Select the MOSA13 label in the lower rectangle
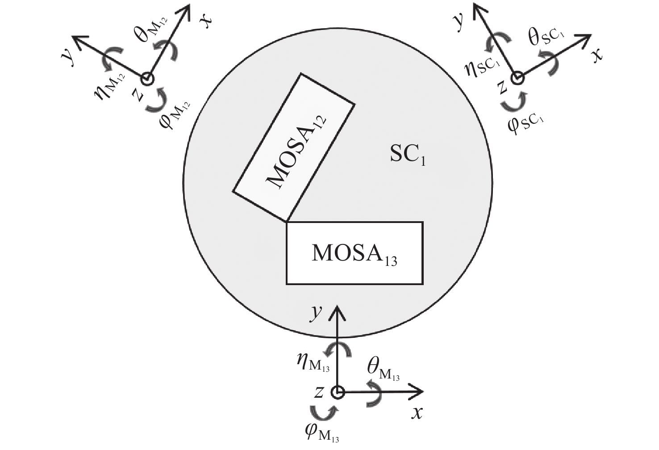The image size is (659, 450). coord(354,254)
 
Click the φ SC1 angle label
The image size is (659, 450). coord(526,123)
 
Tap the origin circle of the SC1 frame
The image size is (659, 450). coord(517,79)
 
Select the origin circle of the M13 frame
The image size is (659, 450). coord(338,392)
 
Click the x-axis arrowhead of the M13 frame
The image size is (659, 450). coord(419,392)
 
